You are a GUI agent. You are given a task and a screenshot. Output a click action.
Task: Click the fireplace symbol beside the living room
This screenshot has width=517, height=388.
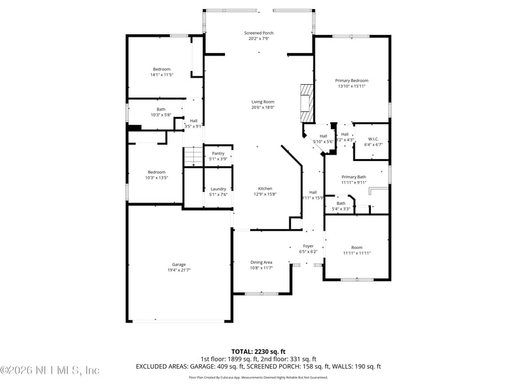(306, 103)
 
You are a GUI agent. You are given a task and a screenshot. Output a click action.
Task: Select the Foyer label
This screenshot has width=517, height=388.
(309, 246)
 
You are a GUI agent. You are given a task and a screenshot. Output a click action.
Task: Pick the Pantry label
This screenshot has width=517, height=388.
(218, 153)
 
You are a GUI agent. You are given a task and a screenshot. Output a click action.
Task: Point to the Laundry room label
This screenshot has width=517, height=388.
(218, 189)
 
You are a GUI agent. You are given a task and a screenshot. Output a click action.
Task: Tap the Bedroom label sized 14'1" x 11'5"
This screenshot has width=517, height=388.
(162, 69)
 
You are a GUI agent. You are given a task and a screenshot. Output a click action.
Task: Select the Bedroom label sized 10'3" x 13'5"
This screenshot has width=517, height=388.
(156, 172)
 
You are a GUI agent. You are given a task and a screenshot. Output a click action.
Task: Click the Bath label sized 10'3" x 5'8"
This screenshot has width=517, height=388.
(161, 109)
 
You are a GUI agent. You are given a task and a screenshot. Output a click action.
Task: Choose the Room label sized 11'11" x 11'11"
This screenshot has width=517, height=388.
(357, 248)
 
